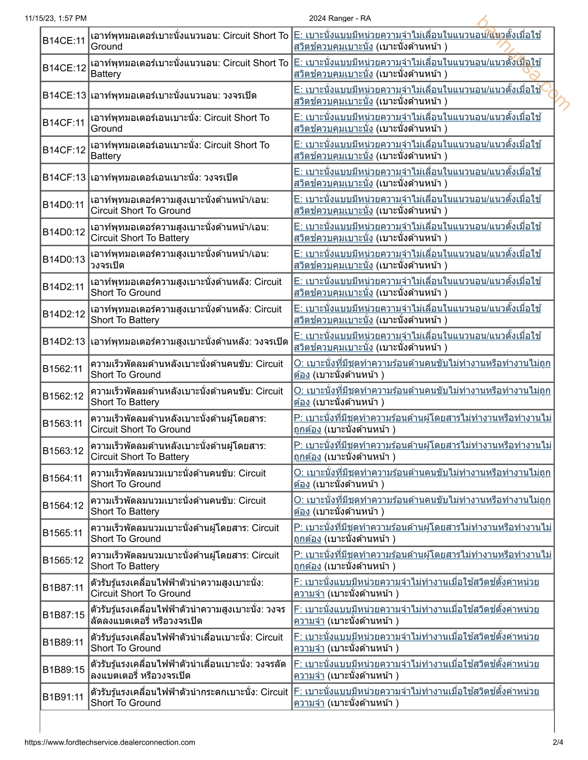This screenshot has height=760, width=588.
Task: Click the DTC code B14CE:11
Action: click(x=64, y=41)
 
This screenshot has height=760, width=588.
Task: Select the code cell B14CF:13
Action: click(x=64, y=178)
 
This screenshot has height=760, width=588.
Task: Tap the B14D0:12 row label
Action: click(x=64, y=232)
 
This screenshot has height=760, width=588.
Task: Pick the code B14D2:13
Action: click(x=64, y=342)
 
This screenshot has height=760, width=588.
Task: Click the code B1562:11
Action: click(x=63, y=369)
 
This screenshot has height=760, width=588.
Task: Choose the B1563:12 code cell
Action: click(x=63, y=451)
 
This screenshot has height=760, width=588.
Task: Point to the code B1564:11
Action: click(x=63, y=478)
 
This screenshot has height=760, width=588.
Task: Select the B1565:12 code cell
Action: click(x=63, y=560)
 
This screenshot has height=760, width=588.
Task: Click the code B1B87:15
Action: click(x=63, y=615)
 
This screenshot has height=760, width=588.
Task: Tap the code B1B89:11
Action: click(x=63, y=642)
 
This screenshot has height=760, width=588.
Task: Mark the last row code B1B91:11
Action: click(x=63, y=697)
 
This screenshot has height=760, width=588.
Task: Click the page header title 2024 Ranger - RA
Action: click(x=340, y=18)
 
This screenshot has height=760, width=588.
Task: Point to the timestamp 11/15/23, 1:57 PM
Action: click(x=56, y=18)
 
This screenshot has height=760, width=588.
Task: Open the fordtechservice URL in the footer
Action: click(x=110, y=742)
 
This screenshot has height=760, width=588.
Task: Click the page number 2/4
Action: click(x=558, y=742)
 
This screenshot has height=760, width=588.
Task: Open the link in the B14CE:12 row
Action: click(x=417, y=63)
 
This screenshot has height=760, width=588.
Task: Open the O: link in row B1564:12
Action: click(x=422, y=500)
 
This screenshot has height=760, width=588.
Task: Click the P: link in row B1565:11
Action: click(x=422, y=528)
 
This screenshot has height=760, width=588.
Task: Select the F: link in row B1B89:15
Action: click(x=416, y=665)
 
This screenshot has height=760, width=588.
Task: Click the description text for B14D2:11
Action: click(x=186, y=287)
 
